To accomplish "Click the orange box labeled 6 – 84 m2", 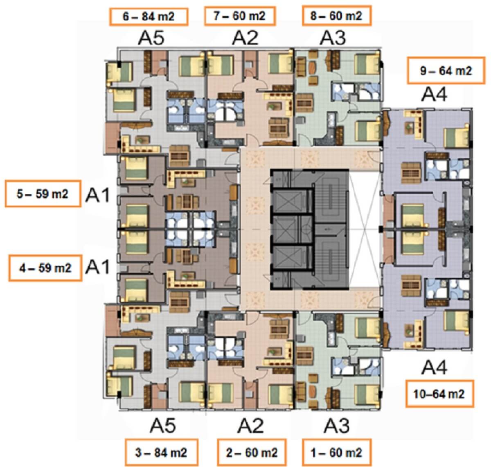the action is [x=149, y=17].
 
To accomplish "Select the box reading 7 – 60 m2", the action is [x=240, y=16].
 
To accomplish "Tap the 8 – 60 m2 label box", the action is [x=337, y=16].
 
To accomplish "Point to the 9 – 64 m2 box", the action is [x=446, y=70].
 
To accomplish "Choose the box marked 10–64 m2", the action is [x=439, y=394].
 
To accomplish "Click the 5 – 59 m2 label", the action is [x=43, y=194].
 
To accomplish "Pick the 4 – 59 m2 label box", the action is [x=45, y=268].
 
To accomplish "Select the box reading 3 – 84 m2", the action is [x=161, y=453].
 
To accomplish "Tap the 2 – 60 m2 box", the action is [x=252, y=453].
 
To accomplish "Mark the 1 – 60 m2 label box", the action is [x=337, y=453].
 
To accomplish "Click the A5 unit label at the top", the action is [x=151, y=38].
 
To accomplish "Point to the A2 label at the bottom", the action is [x=250, y=426].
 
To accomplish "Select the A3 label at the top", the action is [x=333, y=38].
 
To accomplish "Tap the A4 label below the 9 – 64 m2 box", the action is [x=434, y=95].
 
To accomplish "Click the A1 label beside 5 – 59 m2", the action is [x=97, y=195].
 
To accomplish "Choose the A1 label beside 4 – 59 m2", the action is [x=97, y=267].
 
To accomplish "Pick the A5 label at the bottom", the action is [x=162, y=426].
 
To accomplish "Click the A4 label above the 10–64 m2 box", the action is [x=434, y=367].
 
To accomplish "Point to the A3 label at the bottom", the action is [x=336, y=426].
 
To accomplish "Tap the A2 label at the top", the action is [x=245, y=38].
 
